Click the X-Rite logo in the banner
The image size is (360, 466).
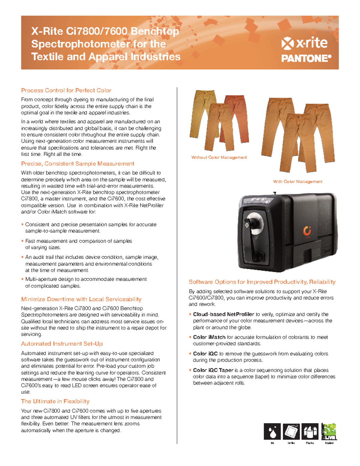pos(304,43)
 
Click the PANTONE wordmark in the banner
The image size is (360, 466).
pos(306,58)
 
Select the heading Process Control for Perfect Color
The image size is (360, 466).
pos(66,90)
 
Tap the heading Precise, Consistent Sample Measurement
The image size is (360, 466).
pos(78,164)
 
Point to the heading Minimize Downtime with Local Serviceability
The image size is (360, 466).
pos(81,299)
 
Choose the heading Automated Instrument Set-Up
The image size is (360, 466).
pos(62,344)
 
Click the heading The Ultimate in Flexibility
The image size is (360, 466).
pos(55,401)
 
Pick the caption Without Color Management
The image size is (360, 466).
pos(219,157)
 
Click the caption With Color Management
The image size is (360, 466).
pos(298,182)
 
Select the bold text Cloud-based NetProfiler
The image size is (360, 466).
pos(223,314)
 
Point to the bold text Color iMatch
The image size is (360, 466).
pos(209,337)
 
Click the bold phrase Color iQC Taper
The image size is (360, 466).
pos(213,370)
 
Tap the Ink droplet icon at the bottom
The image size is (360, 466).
pos(272,431)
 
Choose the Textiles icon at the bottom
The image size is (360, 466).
pos(291,431)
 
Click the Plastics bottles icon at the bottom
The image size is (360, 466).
pos(310,431)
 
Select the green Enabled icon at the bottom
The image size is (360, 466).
pos(329,431)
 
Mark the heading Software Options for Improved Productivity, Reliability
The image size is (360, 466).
pos(262,282)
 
